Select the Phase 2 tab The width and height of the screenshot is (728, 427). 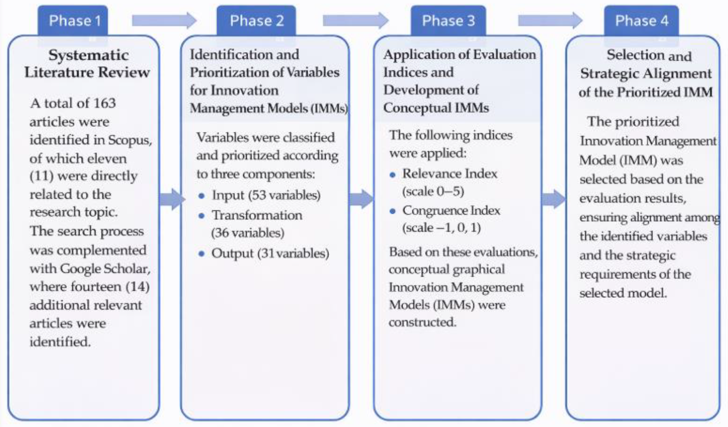[x=257, y=21]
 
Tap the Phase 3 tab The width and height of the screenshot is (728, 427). [x=448, y=21]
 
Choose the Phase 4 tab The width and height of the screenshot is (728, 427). [x=642, y=21]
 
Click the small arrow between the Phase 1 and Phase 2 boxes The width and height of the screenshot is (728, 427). [x=172, y=199]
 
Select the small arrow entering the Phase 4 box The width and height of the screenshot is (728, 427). [x=553, y=199]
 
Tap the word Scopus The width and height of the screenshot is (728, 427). [x=129, y=140]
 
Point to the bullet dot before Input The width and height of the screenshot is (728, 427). [x=202, y=196]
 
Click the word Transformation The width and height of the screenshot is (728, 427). [x=257, y=215]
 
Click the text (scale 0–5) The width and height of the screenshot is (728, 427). [x=433, y=191]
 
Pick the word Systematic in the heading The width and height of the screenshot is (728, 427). [x=88, y=55]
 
